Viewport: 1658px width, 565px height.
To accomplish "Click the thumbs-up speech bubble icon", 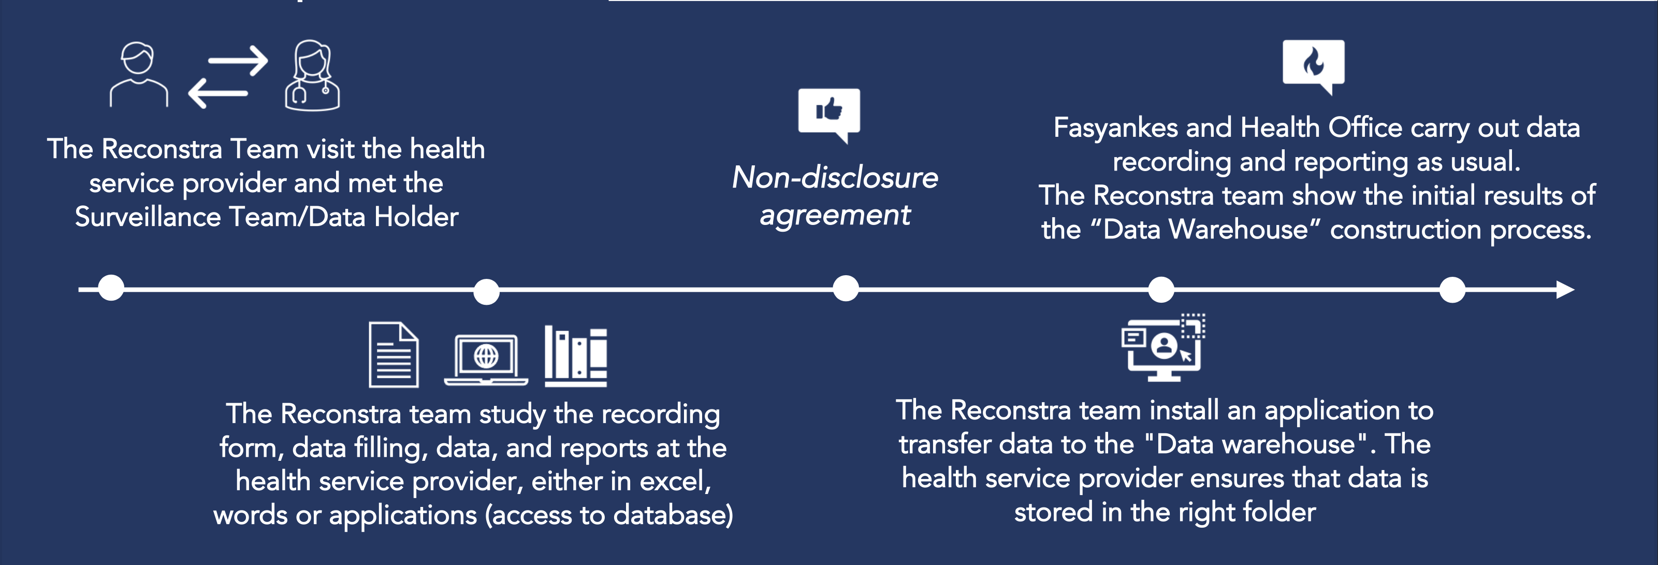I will click(x=829, y=114).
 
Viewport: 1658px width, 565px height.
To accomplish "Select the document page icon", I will click(x=393, y=355).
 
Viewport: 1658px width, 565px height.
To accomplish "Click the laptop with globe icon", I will click(x=486, y=359).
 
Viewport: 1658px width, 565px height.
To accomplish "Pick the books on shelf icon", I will click(x=575, y=356).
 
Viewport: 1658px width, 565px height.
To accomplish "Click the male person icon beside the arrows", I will click(x=138, y=74).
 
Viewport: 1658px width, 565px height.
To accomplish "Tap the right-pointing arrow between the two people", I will click(x=238, y=61).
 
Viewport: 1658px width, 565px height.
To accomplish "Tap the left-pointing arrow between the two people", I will click(x=218, y=93).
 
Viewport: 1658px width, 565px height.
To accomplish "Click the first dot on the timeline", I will click(x=111, y=288).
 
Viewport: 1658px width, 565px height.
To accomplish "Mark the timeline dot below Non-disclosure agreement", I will click(x=845, y=288).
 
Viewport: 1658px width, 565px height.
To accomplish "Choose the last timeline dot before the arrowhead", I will click(x=1452, y=290).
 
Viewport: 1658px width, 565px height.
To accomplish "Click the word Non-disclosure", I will click(x=835, y=178).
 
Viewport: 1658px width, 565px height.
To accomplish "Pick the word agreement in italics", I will click(x=835, y=215).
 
